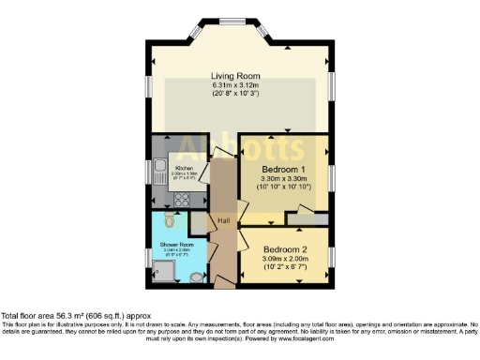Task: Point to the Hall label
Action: pyautogui.click(x=224, y=221)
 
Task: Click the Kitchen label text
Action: pyautogui.click(x=183, y=168)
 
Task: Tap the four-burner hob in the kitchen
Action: pyautogui.click(x=179, y=199)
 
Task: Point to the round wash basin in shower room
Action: pyautogui.click(x=195, y=277)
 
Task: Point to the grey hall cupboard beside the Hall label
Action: pyautogui.click(x=200, y=222)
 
